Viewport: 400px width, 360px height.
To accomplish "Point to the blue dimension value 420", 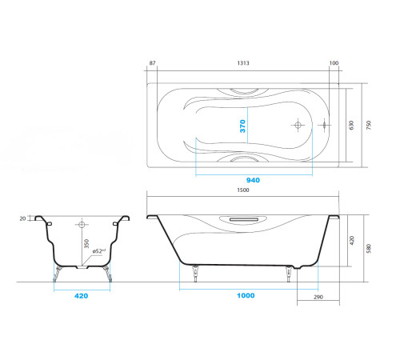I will [x=80, y=295].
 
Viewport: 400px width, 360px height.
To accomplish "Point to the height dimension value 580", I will [x=369, y=248].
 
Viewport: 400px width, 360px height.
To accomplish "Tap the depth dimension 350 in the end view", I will [x=85, y=245].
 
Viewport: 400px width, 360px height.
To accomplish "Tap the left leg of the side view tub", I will [x=196, y=274].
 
